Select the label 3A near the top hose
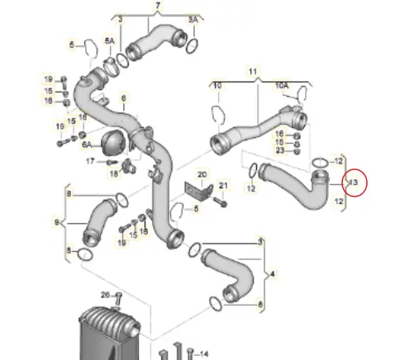point(194,19)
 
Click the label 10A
point(282,85)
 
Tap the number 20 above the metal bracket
point(202,174)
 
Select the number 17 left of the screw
point(91,161)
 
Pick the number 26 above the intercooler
point(105,295)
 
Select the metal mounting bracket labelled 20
point(198,191)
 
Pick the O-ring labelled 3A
point(191,41)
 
